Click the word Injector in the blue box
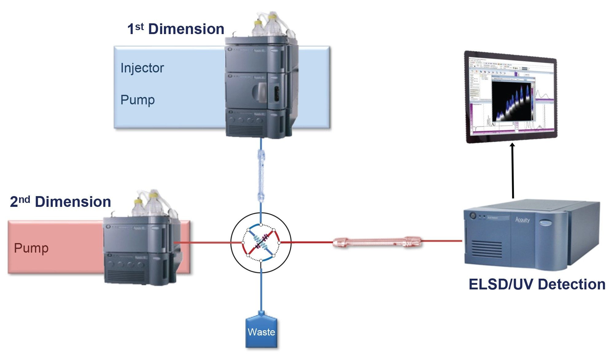[142, 68]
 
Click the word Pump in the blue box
[137, 100]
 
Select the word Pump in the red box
[31, 248]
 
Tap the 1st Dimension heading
[176, 29]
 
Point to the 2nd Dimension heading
[60, 202]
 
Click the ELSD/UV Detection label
[537, 284]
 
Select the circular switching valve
[261, 243]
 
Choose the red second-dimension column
[377, 242]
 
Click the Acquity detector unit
[531, 235]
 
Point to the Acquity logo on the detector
[522, 219]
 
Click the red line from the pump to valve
[206, 242]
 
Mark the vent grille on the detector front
[487, 249]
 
